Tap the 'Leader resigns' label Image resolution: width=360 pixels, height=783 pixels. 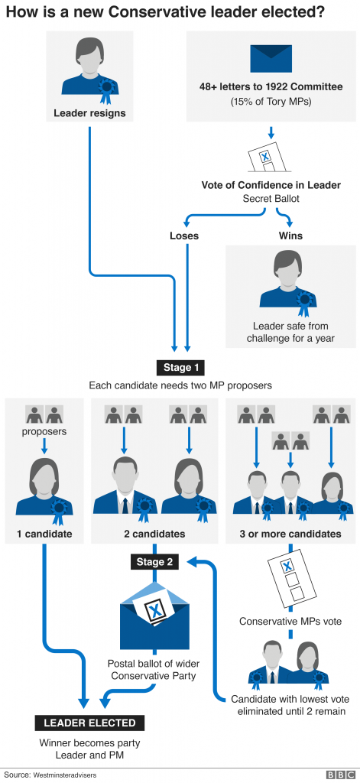point(89,114)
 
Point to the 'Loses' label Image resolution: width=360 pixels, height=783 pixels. point(183,236)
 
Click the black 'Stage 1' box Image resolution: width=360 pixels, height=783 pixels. point(180,366)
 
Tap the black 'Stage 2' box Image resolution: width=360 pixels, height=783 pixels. point(155,562)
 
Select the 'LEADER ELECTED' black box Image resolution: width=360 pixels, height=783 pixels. point(89,723)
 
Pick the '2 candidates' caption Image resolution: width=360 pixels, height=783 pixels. point(154,533)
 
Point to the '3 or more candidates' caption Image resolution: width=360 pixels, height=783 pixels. point(290,533)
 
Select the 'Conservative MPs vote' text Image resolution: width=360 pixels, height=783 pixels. point(290,620)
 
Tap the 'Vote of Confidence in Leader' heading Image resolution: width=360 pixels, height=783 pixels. point(271,185)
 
